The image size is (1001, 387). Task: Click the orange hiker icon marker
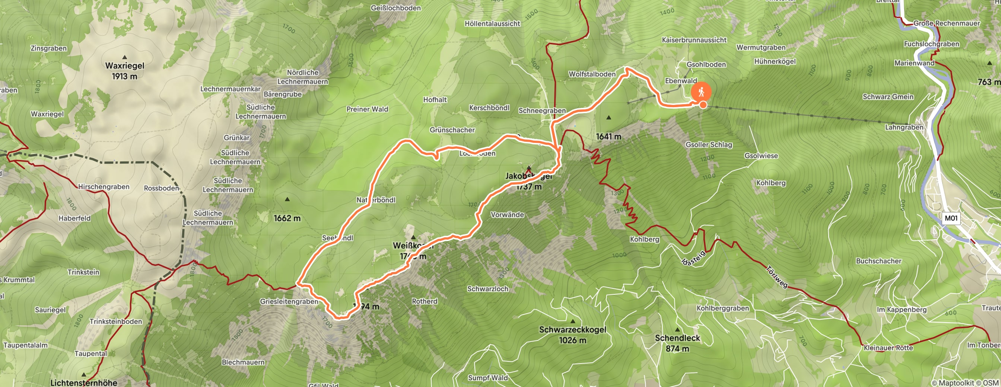coord(701,92)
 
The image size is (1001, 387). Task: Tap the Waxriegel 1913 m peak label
coord(124,71)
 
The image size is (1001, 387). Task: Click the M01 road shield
coord(950,218)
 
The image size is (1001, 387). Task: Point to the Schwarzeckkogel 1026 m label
coord(572,335)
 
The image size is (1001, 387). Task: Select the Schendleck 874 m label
coord(677,343)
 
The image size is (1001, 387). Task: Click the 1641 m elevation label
coord(608,137)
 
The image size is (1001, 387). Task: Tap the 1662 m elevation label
coord(287,218)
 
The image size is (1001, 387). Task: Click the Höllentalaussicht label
coord(492,24)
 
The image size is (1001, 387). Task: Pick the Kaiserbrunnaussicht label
coord(694,40)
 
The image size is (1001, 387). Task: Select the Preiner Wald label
coord(367,109)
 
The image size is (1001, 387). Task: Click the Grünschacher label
coord(452,130)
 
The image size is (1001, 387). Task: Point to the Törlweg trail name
coord(776,276)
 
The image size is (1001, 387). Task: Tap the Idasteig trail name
coord(693,258)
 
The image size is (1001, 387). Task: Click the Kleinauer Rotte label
coord(888,348)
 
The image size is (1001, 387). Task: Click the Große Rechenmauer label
coord(946,23)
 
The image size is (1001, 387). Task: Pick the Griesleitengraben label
coord(289,302)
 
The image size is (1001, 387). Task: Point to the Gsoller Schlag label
coord(708,145)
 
